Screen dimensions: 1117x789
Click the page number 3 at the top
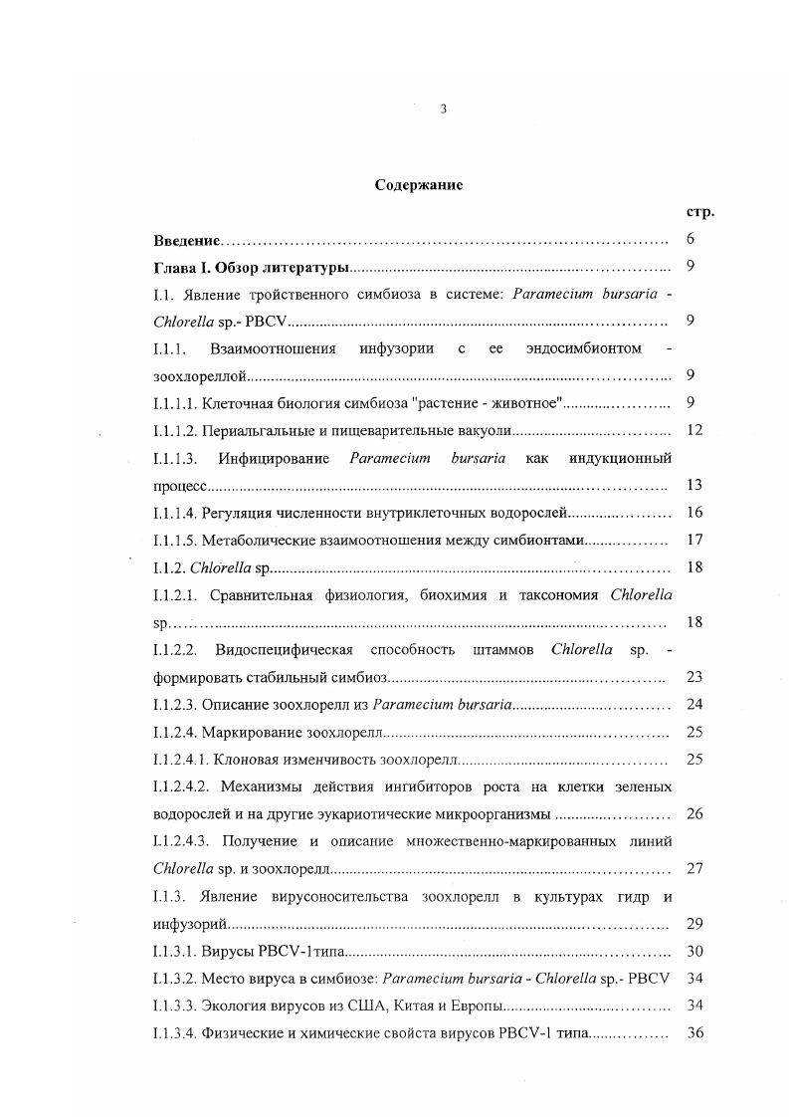point(443,110)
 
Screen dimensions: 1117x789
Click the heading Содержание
point(419,185)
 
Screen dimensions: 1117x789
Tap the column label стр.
point(700,212)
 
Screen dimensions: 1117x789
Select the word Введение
point(188,240)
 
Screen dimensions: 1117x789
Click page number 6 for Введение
point(691,240)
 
